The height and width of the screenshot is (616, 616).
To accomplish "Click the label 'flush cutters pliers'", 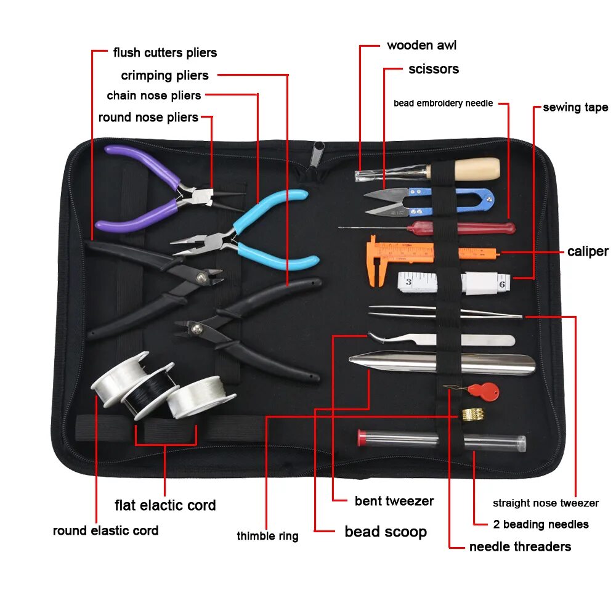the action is coord(164,53).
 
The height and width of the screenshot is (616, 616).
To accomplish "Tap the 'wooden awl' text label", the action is coord(421,46).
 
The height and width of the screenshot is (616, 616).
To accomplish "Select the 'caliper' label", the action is coord(587,251).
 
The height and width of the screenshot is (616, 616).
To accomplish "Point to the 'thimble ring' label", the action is coord(267,536).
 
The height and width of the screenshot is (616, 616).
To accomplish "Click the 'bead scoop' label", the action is coord(386,532).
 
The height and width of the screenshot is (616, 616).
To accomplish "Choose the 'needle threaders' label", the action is coord(520,546).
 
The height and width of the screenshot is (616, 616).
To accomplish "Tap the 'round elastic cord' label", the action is coord(105,530).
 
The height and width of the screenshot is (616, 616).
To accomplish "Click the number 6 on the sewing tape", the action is coord(502,285).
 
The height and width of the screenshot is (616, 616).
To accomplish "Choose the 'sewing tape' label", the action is coord(575,108).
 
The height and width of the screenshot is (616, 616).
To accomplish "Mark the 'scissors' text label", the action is coord(434,69).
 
